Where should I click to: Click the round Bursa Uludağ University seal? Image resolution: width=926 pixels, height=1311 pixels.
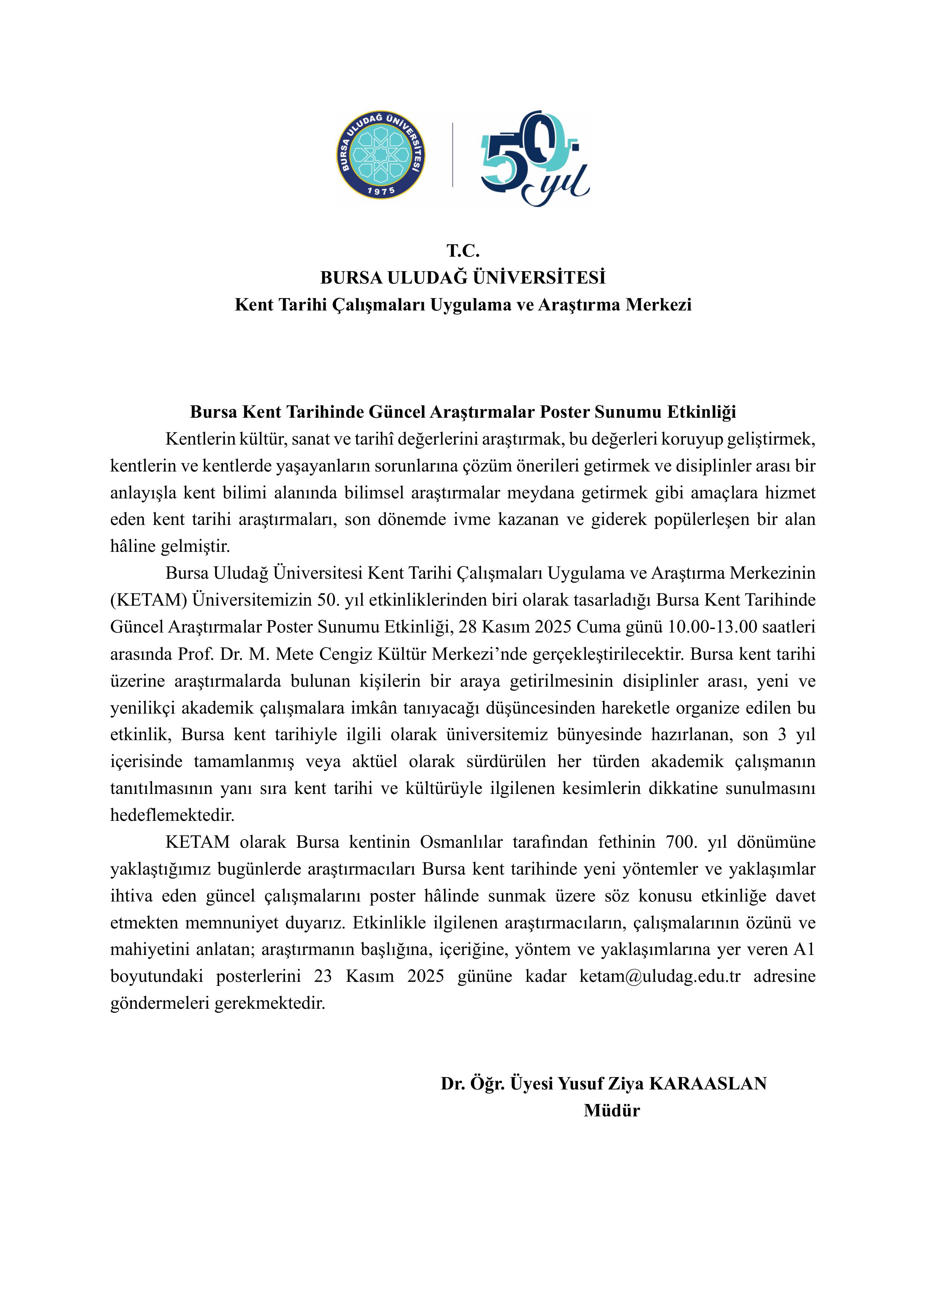[380, 155]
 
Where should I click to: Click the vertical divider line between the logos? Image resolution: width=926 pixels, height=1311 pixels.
[453, 155]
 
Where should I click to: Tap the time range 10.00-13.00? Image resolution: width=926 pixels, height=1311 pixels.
[713, 627]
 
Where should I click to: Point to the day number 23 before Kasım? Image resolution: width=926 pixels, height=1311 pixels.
[323, 976]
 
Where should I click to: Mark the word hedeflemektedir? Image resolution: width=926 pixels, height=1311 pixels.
[172, 815]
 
